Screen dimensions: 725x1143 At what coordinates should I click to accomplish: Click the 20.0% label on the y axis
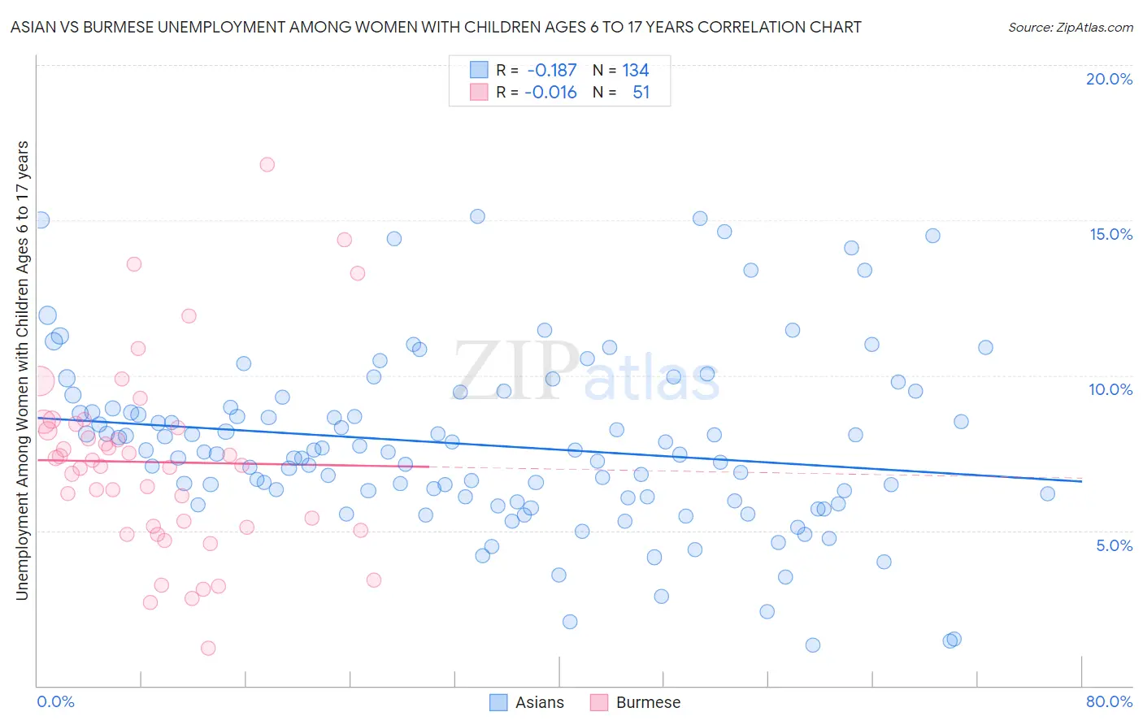tap(1109, 79)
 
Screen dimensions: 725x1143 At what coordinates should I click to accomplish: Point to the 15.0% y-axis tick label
tap(1110, 234)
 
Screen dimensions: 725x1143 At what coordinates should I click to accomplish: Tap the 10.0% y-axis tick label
tap(1110, 389)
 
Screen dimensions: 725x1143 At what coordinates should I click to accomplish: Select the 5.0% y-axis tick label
tap(1114, 545)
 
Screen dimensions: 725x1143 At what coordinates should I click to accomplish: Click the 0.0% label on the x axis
tap(55, 701)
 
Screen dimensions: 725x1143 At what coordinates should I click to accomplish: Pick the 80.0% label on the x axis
tap(1109, 701)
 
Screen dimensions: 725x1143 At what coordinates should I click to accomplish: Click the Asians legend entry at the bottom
tap(527, 702)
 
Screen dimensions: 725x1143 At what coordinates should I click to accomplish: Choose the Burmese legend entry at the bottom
tap(635, 702)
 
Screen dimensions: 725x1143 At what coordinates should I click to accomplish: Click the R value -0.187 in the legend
tap(551, 71)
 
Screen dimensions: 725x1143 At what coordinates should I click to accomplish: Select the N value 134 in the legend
tap(636, 71)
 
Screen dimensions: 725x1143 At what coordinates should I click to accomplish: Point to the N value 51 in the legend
tap(641, 93)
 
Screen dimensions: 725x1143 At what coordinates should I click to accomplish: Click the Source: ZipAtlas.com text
tap(1070, 28)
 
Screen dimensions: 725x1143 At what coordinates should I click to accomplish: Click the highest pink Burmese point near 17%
tap(267, 164)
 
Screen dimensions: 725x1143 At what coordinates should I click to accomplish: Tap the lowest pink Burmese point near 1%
tap(208, 648)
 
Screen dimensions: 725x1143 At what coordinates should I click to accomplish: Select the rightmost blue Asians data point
tap(1047, 493)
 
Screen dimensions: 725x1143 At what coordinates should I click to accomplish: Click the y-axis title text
tap(23, 371)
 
